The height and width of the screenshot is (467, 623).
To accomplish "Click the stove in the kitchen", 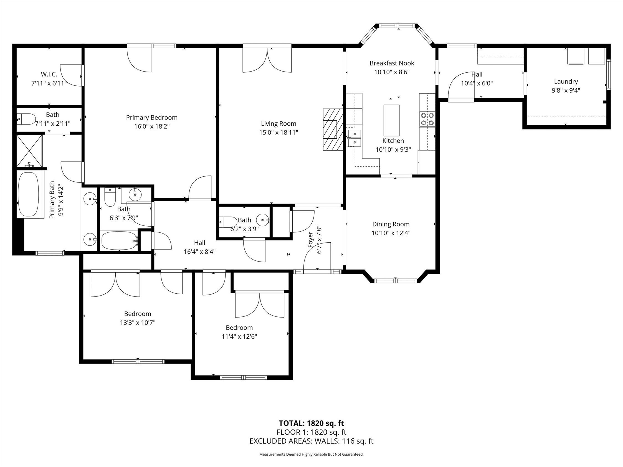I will pyautogui.click(x=427, y=119).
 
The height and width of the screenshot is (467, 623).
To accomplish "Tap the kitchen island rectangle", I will pyautogui.click(x=391, y=120).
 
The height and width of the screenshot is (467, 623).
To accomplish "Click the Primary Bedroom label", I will pyautogui.click(x=151, y=117).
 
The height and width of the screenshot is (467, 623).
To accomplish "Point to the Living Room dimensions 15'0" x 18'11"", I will pyautogui.click(x=278, y=132).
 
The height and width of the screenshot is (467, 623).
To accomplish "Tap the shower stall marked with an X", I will pyautogui.click(x=29, y=151).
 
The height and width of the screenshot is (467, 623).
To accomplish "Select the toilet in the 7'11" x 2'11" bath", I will pyautogui.click(x=26, y=118).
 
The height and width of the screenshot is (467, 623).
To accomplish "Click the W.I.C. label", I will pyautogui.click(x=49, y=74).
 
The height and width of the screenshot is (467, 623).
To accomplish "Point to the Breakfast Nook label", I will pyautogui.click(x=391, y=63).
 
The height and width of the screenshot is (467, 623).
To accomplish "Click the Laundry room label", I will pyautogui.click(x=566, y=82).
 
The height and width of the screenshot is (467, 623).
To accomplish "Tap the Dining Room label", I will pyautogui.click(x=391, y=224).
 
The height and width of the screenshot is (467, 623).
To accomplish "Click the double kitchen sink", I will pyautogui.click(x=354, y=138).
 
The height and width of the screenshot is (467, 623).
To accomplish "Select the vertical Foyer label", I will pyautogui.click(x=310, y=240).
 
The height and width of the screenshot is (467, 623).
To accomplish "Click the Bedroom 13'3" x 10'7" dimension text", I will pyautogui.click(x=138, y=323).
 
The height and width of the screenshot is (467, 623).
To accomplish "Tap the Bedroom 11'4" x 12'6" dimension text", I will pyautogui.click(x=239, y=336).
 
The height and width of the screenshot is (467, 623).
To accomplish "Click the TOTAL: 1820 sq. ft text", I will pyautogui.click(x=311, y=423).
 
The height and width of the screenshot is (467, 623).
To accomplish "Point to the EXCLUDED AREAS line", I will pyautogui.click(x=311, y=441).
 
